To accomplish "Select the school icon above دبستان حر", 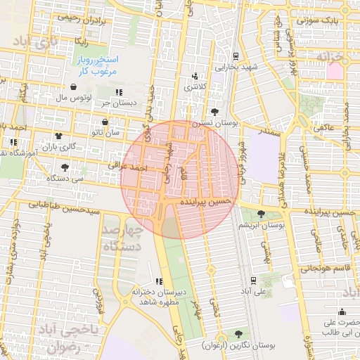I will click(x=120, y=92).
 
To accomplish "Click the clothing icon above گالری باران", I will click(x=58, y=137).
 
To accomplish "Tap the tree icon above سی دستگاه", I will click(x=65, y=167).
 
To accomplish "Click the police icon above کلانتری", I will click(x=195, y=76).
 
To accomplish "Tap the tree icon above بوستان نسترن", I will click(x=214, y=111).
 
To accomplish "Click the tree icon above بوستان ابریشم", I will click(x=262, y=214).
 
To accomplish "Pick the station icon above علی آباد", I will click(x=264, y=279).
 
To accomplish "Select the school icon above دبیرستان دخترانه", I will click(x=157, y=281).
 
